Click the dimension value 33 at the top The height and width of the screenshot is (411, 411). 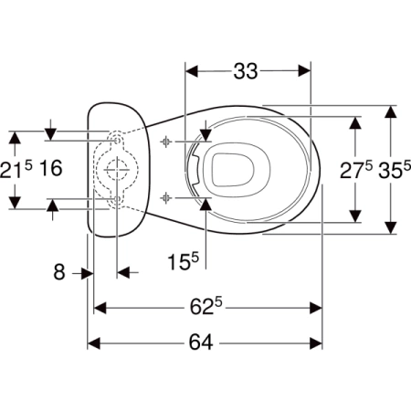pos(246,71)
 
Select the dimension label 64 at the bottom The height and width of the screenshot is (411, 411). pos(201,342)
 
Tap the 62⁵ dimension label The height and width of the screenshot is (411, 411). pos(206,306)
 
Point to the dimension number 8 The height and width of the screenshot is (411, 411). pos(59,272)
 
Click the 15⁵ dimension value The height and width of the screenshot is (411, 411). pos(184,261)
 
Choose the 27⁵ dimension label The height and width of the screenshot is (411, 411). pos(356,170)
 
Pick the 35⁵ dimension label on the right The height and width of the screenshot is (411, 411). pos(395,170)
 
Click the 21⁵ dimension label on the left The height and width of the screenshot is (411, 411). pos(16,169)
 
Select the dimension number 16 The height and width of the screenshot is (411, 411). pos(51,168)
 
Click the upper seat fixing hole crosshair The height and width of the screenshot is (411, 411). pos(166,142)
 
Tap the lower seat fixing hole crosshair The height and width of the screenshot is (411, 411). pos(166,198)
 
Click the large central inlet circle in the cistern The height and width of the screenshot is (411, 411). pos(117,170)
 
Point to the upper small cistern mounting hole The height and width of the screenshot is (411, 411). pos(117,141)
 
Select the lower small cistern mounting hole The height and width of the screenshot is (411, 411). pos(117,199)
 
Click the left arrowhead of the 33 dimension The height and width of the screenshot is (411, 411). pos(192,71)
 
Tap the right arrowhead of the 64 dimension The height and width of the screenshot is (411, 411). pos(316,343)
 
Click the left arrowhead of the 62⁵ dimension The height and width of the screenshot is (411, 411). pos(100,308)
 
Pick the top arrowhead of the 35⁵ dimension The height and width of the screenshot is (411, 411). pos(391,111)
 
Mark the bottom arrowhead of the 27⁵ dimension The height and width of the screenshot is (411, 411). pos(355,216)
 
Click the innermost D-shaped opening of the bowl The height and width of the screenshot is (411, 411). pos(233,170)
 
